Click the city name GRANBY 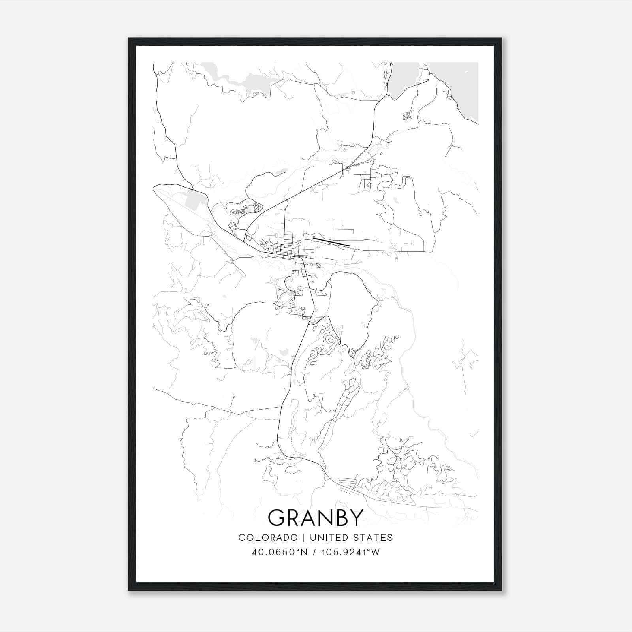315,517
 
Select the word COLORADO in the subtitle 268,538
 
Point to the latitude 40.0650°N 279,552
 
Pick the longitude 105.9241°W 349,552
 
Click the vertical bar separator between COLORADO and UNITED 304,538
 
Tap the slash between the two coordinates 314,552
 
